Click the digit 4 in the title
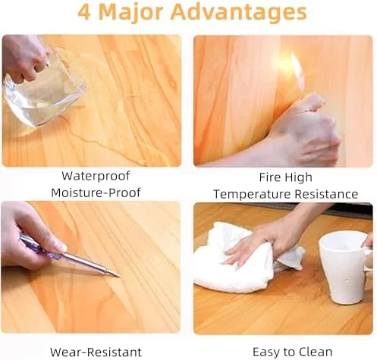tap(84, 12)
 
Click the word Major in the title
tap(131, 13)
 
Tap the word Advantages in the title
tap(239, 13)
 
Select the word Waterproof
tap(96, 176)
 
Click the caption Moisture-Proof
tap(96, 193)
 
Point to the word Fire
tap(270, 177)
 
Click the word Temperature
tap(253, 195)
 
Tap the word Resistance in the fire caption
tap(326, 194)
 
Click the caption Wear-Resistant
tap(96, 352)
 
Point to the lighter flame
tap(297, 70)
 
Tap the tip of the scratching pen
tap(119, 277)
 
